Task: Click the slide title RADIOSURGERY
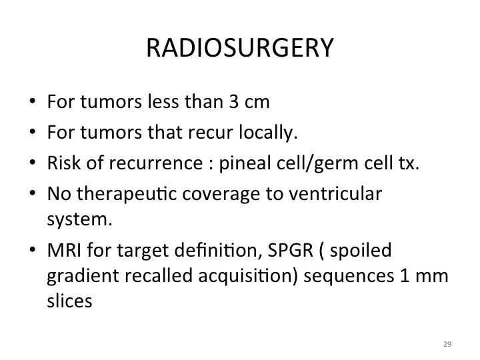click(x=240, y=48)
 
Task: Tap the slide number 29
click(x=447, y=344)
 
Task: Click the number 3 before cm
click(x=233, y=101)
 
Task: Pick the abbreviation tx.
click(x=409, y=163)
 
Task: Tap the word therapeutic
click(x=127, y=194)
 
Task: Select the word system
click(x=79, y=220)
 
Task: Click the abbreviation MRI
click(x=64, y=250)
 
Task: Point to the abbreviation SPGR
click(x=291, y=250)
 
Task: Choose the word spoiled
click(x=361, y=250)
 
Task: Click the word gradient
click(x=83, y=276)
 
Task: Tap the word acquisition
click(x=248, y=276)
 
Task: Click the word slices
click(x=69, y=300)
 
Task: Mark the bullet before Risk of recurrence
click(x=33, y=162)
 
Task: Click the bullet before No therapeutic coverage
click(x=33, y=193)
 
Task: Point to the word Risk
click(x=64, y=163)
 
